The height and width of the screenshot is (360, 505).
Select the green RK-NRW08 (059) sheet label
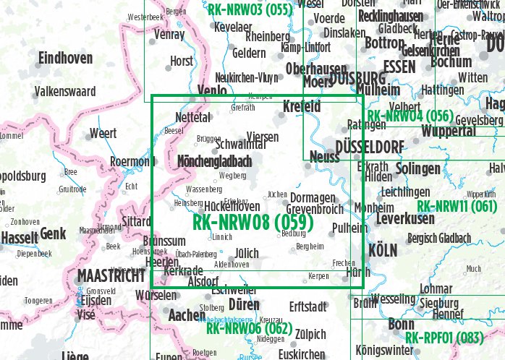pos(252,223)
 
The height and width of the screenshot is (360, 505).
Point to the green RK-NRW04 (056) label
pos(409,116)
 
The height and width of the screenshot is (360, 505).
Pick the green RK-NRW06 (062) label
pos(248,328)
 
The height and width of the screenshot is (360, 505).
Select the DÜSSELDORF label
pos(370,147)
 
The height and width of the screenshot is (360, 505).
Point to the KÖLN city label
pos(383,250)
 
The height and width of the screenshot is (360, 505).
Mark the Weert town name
pos(103,134)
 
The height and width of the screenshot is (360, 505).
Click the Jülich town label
pos(247,252)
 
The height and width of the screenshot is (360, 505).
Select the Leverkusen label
pos(405,218)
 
